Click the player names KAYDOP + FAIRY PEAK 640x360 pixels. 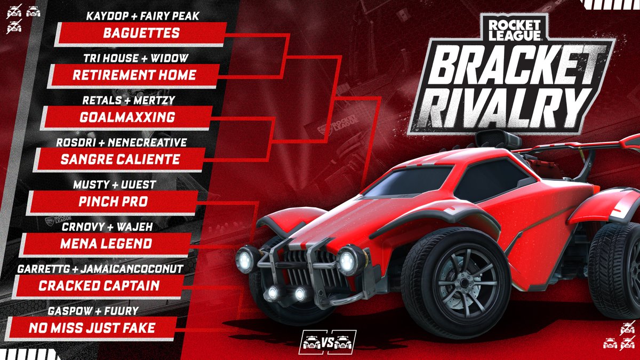142,17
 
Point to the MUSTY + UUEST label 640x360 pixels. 114,185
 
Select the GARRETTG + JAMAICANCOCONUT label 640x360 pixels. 101,268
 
